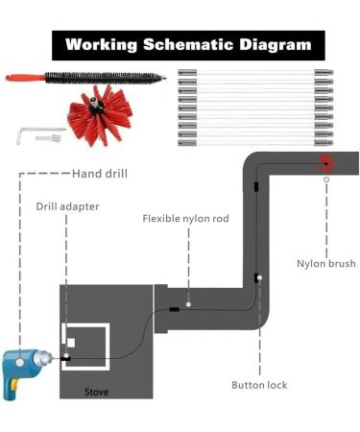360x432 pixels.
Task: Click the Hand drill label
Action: (100, 174)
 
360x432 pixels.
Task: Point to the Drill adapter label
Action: (67, 205)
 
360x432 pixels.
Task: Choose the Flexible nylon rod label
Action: (185, 219)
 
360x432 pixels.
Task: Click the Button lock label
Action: (259, 385)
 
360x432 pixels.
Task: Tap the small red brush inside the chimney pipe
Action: (326, 162)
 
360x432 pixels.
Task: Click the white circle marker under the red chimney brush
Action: (326, 179)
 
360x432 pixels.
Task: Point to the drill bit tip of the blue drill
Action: (60, 357)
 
